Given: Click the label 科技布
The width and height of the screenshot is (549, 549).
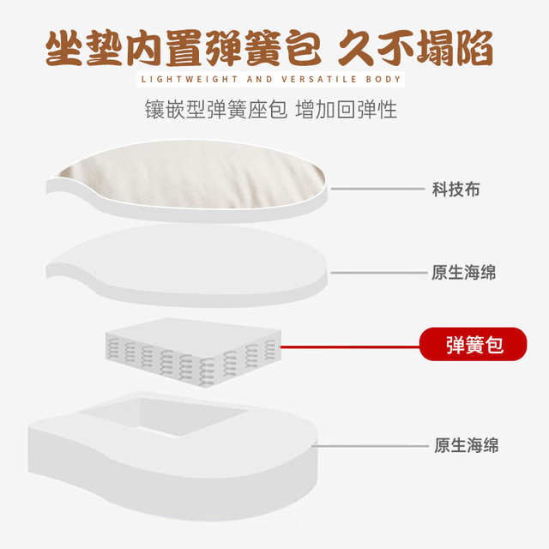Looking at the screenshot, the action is click(x=455, y=190).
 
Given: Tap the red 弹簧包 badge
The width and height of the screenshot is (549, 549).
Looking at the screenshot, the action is click(x=473, y=344).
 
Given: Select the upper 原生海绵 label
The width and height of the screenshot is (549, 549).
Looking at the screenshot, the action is click(x=463, y=273).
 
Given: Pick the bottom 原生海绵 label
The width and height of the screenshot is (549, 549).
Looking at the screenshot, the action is click(x=467, y=445).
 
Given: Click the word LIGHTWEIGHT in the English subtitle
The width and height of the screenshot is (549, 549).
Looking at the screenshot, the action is click(x=190, y=80).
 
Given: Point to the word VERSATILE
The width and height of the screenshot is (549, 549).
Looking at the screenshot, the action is click(x=319, y=80).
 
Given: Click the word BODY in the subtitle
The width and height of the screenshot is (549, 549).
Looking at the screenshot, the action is click(x=383, y=80).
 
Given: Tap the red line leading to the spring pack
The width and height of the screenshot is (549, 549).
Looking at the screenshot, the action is click(x=350, y=347).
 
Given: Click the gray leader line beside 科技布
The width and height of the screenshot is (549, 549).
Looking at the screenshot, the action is click(x=377, y=189).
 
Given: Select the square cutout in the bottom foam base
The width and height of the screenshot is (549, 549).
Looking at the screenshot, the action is click(x=165, y=417).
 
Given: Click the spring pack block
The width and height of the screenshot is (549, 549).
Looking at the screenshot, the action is click(x=193, y=353).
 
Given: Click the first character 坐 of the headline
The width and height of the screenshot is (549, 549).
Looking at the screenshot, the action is click(x=64, y=48).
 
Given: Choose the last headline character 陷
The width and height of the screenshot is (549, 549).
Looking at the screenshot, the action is click(x=474, y=48).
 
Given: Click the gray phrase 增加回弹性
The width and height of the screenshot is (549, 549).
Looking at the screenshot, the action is click(x=347, y=110).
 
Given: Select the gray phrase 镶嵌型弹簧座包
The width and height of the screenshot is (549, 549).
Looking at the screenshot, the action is click(x=216, y=110).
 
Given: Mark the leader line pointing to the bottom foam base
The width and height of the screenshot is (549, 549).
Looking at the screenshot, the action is click(x=370, y=446).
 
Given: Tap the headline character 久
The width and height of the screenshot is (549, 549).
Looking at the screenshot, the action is click(x=357, y=48).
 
